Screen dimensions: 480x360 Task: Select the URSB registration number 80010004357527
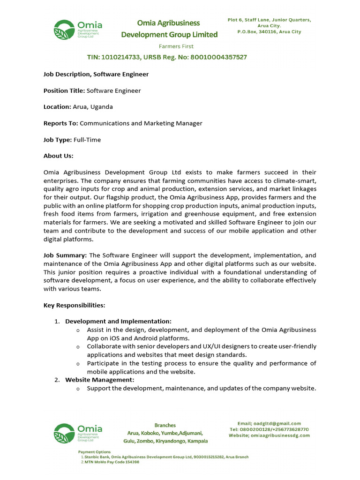coord(217,57)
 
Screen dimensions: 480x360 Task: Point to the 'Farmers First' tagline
coord(176,46)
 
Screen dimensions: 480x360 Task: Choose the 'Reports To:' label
coord(61,123)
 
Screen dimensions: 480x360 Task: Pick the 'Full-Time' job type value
coord(87,140)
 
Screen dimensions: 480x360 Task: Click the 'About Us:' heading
coord(59,156)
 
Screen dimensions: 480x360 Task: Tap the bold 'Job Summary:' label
coord(65,255)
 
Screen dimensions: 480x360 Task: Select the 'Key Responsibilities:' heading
coord(75,305)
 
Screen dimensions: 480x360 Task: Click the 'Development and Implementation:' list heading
coord(118,321)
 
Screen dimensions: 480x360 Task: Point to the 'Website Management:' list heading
coord(99,380)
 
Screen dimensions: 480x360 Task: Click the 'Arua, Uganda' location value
coord(92,107)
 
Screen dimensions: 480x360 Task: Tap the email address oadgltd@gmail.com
coord(278,423)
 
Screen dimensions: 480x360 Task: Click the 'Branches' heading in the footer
coord(165,425)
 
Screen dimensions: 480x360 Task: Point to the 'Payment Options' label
coord(94,452)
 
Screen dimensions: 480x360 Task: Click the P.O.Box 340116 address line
coord(269,32)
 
